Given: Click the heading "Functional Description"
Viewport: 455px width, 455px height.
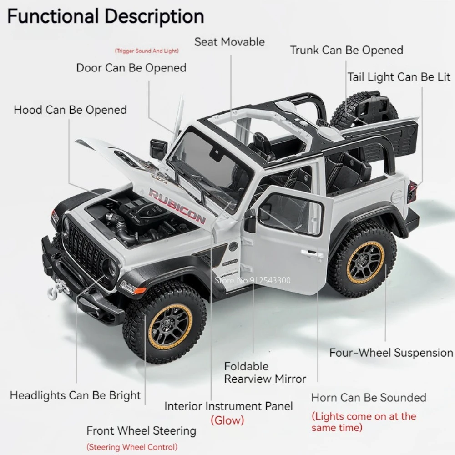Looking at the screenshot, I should tap(106, 16).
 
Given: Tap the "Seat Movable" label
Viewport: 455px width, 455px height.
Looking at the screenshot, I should tap(229, 42).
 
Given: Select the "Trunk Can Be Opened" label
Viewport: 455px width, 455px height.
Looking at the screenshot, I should tap(347, 50).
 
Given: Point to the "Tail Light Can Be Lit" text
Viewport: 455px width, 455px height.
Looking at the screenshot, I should tap(399, 77).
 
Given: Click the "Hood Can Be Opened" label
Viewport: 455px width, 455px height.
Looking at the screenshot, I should tap(70, 110).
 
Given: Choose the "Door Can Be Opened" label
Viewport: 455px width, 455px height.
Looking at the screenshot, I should tap(131, 68).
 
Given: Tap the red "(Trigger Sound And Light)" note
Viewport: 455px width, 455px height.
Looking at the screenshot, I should tap(147, 51).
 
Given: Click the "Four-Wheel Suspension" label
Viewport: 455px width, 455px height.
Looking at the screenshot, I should tap(391, 353).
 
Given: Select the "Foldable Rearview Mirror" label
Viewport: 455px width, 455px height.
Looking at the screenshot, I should tap(265, 372).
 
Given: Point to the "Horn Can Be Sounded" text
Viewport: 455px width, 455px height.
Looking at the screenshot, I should tap(369, 397).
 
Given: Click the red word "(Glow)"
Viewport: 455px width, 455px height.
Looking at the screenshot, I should tap(227, 420).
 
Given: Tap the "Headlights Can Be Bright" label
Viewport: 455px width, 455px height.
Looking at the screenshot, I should tap(76, 395).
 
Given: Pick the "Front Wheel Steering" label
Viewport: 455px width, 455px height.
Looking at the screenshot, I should tap(141, 430).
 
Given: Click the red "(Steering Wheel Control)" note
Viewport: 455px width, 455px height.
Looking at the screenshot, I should tap(132, 447).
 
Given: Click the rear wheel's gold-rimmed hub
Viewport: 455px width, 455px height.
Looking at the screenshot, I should tap(365, 263).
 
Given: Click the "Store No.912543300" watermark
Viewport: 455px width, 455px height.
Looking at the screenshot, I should tap(252, 280).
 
